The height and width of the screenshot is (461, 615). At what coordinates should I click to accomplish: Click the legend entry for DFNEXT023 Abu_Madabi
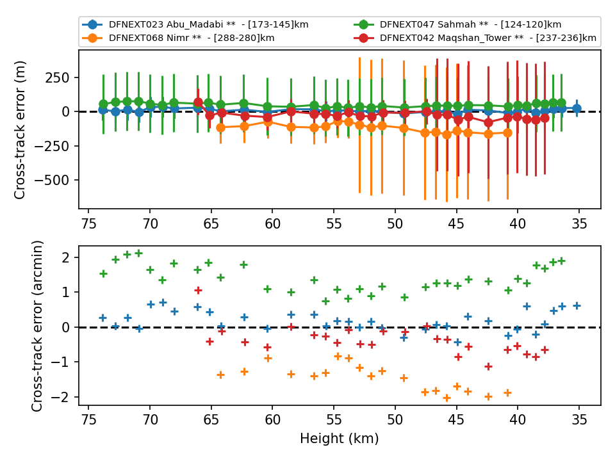(195, 25)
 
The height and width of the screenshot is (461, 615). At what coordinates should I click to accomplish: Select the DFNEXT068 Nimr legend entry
(178, 38)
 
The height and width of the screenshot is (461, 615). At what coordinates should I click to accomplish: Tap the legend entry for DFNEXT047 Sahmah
(457, 25)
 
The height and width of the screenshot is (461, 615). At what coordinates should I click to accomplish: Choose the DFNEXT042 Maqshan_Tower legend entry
(475, 38)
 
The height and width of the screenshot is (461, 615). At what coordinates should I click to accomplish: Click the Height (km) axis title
(340, 438)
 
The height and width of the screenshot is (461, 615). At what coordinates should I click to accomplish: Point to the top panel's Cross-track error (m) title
(20, 130)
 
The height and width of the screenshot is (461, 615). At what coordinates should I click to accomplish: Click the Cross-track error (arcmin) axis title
(37, 326)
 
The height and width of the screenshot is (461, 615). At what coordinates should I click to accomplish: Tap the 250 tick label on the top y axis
(57, 77)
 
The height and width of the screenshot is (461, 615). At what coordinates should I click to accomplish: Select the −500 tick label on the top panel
(52, 181)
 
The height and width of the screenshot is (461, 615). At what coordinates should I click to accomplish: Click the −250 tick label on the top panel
(52, 146)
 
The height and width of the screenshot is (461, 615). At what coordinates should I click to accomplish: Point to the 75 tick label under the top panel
(88, 224)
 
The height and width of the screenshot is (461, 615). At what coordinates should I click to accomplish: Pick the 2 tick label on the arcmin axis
(66, 257)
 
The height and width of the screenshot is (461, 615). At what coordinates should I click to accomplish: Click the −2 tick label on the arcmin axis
(60, 397)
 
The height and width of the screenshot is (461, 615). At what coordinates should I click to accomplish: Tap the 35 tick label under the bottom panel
(579, 420)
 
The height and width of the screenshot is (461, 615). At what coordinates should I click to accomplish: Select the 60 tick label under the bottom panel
(273, 420)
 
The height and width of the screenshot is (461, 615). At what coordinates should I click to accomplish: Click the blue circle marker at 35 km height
(577, 109)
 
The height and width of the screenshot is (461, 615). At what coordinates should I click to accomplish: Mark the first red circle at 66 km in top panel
(198, 102)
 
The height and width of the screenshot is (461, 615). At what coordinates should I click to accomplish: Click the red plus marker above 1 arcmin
(198, 290)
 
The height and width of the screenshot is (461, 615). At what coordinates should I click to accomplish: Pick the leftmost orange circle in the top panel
(220, 127)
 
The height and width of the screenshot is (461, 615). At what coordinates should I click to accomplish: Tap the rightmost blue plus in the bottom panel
(577, 306)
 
